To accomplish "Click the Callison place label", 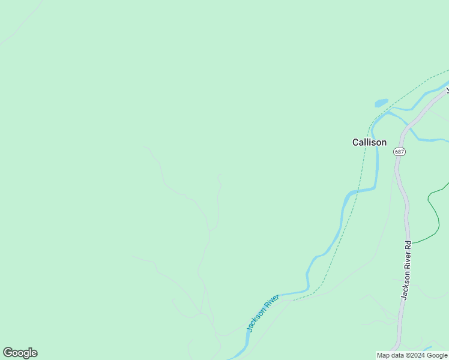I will click(x=369, y=142).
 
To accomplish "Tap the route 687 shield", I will click(x=400, y=152).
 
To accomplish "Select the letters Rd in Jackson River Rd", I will click(x=408, y=246).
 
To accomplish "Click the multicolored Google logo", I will click(x=20, y=353).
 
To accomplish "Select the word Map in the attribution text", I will click(x=384, y=356).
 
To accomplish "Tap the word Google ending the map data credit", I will click(x=437, y=356).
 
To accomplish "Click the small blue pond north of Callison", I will click(x=381, y=103).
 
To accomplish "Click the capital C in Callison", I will click(x=355, y=142).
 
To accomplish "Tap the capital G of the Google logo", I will click(x=8, y=353).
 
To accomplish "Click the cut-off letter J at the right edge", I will click(x=447, y=91).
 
